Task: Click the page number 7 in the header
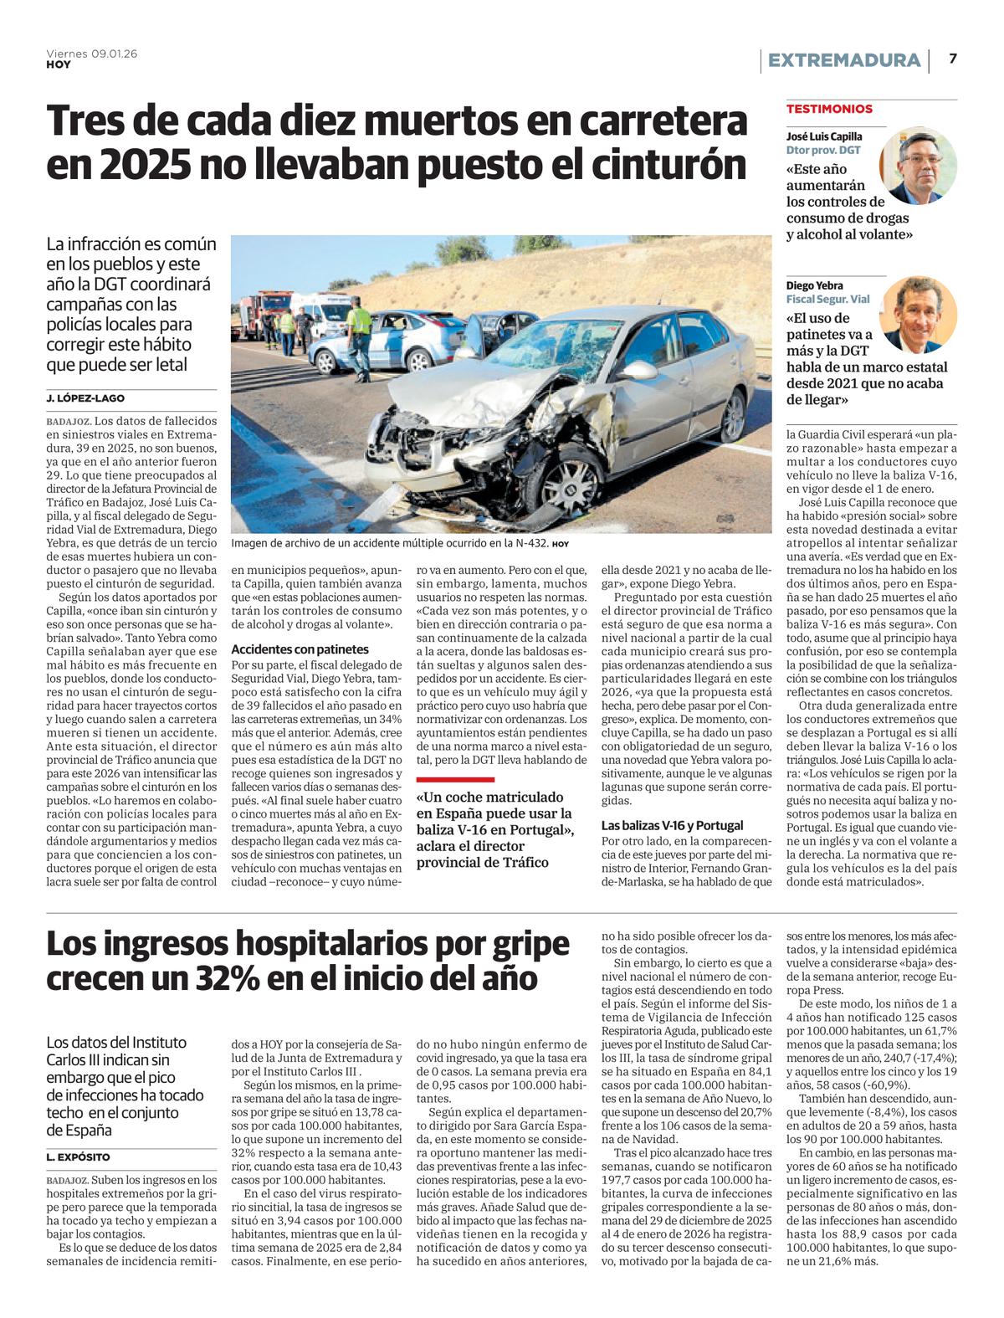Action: coord(953,59)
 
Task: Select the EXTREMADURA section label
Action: coord(843,60)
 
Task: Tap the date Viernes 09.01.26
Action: coord(92,54)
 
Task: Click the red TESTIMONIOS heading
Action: coord(829,109)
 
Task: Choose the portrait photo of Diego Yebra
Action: coord(918,315)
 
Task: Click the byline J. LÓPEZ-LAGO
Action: coord(85,398)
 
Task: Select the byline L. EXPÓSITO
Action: coord(79,1156)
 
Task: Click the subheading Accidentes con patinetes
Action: coord(300,649)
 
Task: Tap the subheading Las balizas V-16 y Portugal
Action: coord(672,825)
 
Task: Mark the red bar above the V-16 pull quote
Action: coord(455,779)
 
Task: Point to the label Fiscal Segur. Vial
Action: coord(827,299)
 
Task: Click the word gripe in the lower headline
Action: coord(515,944)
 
